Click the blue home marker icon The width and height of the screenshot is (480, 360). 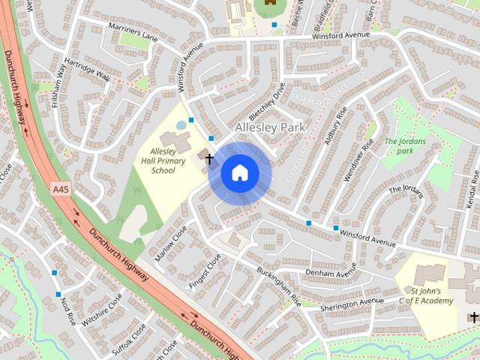coord(239,173)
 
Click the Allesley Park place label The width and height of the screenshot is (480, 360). coord(270,128)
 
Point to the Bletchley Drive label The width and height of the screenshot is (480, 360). coord(268,106)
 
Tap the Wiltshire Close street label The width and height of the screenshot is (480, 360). coord(102,311)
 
